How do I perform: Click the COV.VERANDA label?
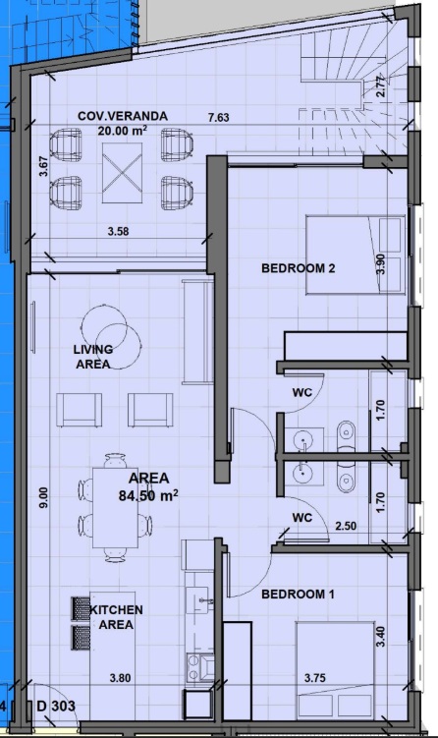123,116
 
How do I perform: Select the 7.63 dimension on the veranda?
219,117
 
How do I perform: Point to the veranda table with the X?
123,173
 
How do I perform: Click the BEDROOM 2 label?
299,268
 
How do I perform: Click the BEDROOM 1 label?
298,594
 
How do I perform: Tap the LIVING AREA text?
92,357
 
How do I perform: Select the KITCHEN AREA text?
116,617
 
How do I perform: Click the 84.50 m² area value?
148,495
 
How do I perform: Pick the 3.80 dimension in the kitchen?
120,678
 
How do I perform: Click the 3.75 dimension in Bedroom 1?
314,678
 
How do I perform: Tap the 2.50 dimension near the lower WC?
346,526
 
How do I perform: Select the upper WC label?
302,392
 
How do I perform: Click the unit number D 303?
56,706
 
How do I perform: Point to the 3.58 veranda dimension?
118,232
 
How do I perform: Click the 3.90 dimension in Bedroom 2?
381,264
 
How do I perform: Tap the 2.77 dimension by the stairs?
381,86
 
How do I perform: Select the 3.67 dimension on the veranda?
43,166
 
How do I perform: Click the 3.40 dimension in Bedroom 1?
381,637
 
